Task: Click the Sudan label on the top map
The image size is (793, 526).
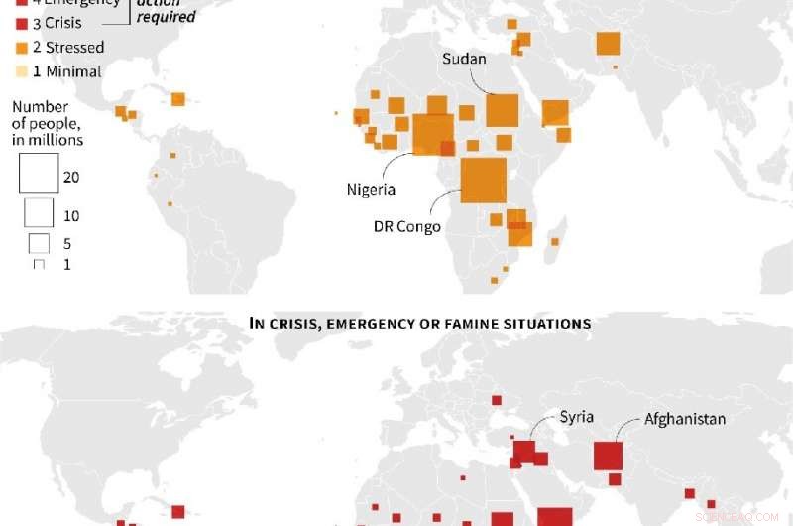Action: point(464,59)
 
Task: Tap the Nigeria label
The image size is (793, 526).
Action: point(371,189)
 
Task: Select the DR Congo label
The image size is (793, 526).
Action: point(406,226)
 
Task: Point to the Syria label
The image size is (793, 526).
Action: point(576,417)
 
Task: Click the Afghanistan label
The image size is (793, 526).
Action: point(685,419)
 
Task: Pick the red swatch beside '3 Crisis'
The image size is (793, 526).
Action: point(22,23)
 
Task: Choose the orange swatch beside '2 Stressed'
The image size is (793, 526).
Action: point(22,47)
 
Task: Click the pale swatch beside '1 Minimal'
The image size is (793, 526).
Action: point(22,71)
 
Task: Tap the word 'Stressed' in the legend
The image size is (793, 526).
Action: point(73,47)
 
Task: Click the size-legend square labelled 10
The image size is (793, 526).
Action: point(39,213)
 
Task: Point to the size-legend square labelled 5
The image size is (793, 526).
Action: point(39,243)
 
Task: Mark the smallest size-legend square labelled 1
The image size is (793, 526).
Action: point(39,265)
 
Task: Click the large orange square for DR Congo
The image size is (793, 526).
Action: point(484,180)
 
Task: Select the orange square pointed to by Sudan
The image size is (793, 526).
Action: point(503,110)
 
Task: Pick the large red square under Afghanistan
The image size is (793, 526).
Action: point(608,456)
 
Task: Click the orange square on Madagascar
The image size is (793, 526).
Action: point(555,241)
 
